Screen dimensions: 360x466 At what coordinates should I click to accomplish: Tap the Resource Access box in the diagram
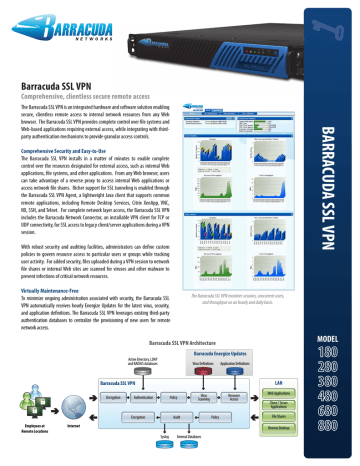click(x=234, y=397)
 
